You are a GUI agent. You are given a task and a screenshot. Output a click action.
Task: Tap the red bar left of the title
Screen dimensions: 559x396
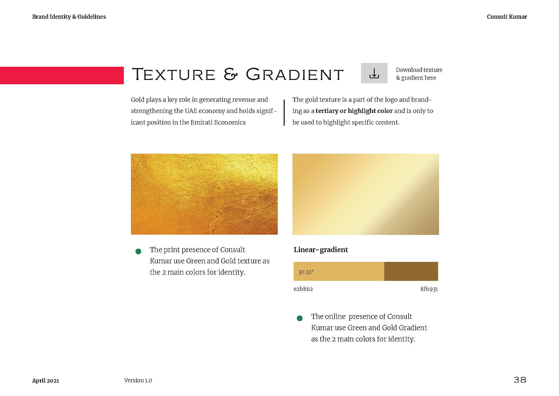pos(62,75)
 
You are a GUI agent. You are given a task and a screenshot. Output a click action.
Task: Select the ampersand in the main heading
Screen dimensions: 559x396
pos(231,74)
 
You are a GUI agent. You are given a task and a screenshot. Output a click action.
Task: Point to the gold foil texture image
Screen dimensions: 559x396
pos(204,194)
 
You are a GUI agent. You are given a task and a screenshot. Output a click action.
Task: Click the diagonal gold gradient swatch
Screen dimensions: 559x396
pos(366,194)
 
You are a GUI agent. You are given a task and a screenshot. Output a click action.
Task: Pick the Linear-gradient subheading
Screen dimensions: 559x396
pos(321,249)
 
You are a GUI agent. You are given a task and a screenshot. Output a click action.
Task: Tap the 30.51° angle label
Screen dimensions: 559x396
pos(306,272)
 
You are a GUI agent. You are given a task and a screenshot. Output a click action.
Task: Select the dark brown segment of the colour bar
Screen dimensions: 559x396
pos(411,271)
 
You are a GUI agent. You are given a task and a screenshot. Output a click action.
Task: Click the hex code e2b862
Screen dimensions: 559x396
pos(303,289)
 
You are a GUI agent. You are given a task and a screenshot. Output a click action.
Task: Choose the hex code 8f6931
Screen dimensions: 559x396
pos(429,289)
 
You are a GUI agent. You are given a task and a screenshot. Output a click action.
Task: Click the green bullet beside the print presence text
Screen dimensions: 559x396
pos(138,251)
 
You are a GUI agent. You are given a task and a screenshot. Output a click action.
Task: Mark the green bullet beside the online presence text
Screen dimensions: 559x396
pos(300,318)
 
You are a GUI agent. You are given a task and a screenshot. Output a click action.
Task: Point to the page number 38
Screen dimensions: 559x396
pos(520,380)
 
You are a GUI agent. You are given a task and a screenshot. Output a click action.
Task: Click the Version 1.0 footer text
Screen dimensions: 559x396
pos(138,380)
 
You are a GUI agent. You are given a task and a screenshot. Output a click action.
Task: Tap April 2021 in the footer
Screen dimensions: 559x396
pos(46,380)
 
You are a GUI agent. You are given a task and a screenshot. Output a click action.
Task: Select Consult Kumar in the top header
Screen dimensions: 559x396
pos(507,17)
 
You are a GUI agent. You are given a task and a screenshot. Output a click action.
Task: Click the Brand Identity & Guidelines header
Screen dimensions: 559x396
pos(69,17)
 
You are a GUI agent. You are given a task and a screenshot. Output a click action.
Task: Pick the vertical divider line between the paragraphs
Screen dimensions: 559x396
pos(284,113)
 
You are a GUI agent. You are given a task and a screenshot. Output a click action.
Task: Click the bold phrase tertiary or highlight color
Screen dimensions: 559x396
pos(354,111)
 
